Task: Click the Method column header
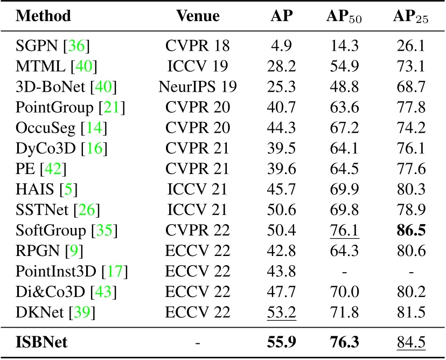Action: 44,16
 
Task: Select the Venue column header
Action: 198,16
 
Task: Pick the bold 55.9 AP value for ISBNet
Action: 282,342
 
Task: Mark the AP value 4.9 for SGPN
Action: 282,46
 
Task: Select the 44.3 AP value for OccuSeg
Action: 282,127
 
